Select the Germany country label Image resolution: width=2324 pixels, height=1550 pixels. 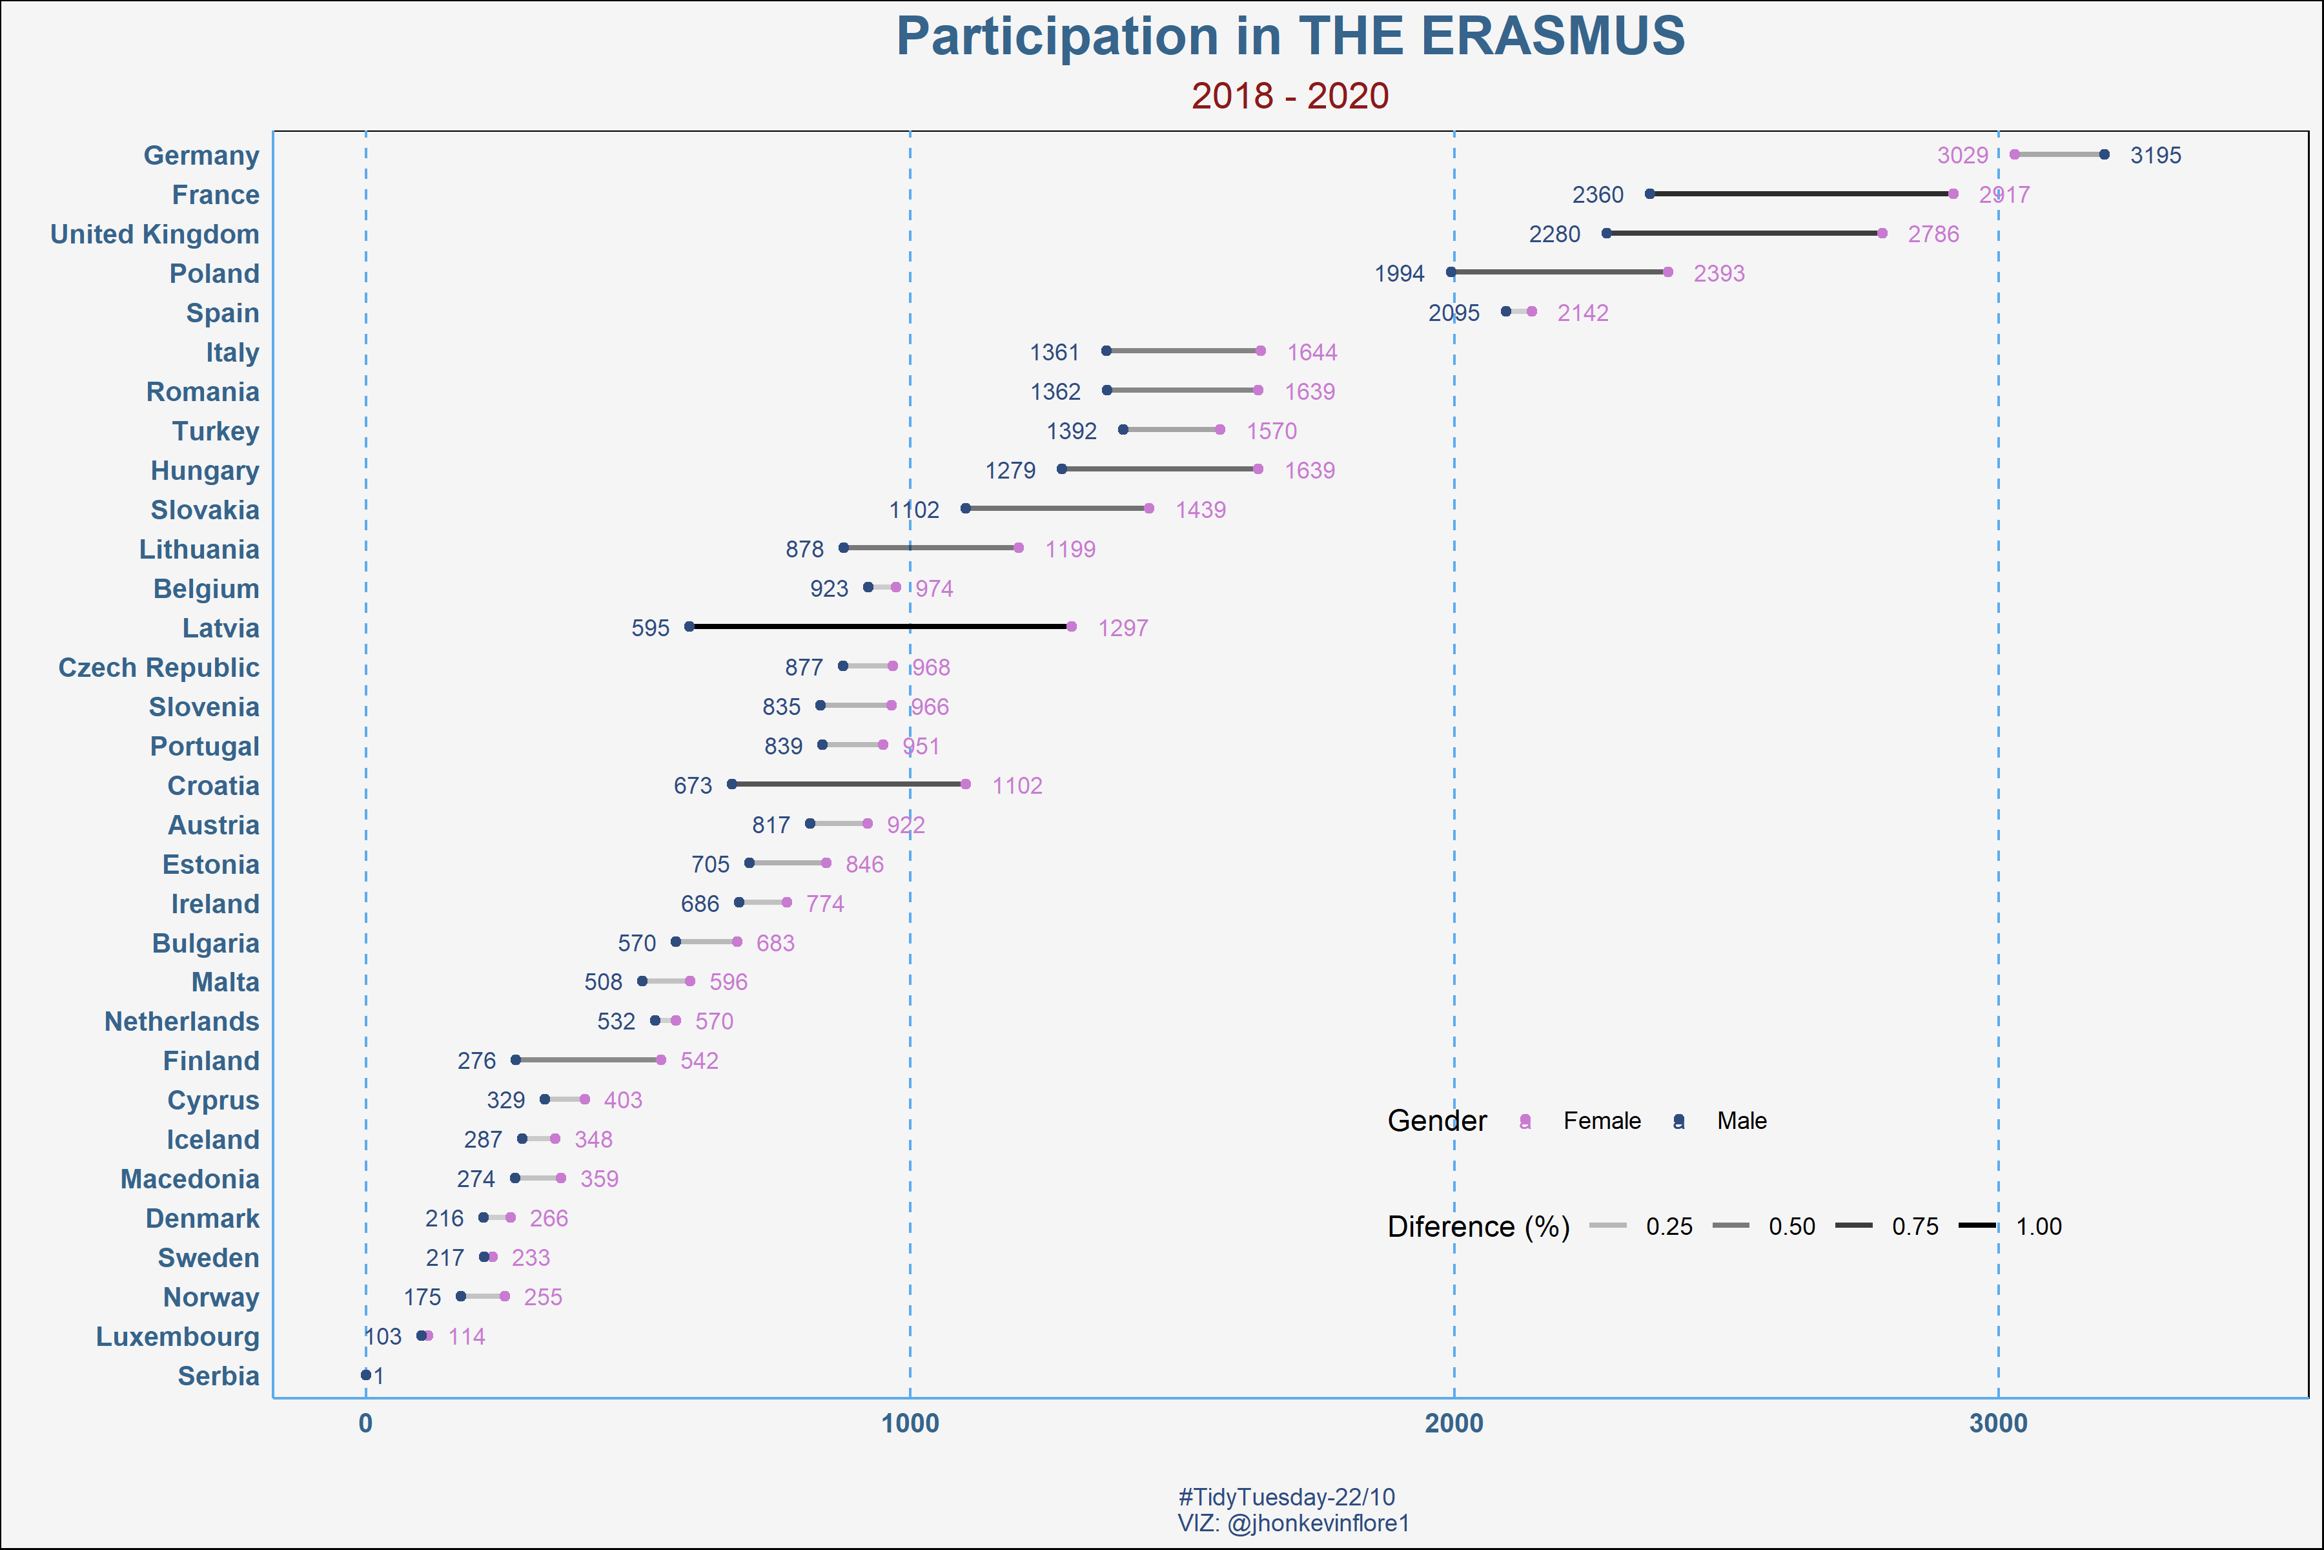tap(201, 155)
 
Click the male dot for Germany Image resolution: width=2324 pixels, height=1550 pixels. tap(2104, 154)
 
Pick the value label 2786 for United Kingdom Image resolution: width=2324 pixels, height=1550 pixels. tap(1933, 234)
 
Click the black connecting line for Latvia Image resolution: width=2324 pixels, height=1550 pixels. tap(879, 626)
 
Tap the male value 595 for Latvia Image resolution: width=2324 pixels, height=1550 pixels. tap(650, 628)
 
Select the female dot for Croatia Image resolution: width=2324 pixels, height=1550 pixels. tap(965, 784)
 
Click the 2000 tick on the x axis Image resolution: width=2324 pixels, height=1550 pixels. tap(1454, 1423)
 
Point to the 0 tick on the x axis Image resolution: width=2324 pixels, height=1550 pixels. tap(365, 1423)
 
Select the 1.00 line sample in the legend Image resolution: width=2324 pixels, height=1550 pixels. tap(1977, 1226)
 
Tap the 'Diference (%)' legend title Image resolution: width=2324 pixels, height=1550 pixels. tap(1478, 1226)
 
